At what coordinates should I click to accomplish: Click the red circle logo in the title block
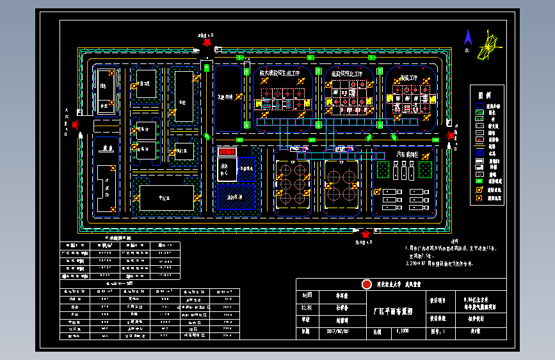tap(366, 284)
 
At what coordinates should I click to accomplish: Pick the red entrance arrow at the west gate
tap(75, 125)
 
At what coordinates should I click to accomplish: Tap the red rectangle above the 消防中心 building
tap(227, 152)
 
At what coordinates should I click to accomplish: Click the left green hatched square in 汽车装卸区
tap(383, 170)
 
